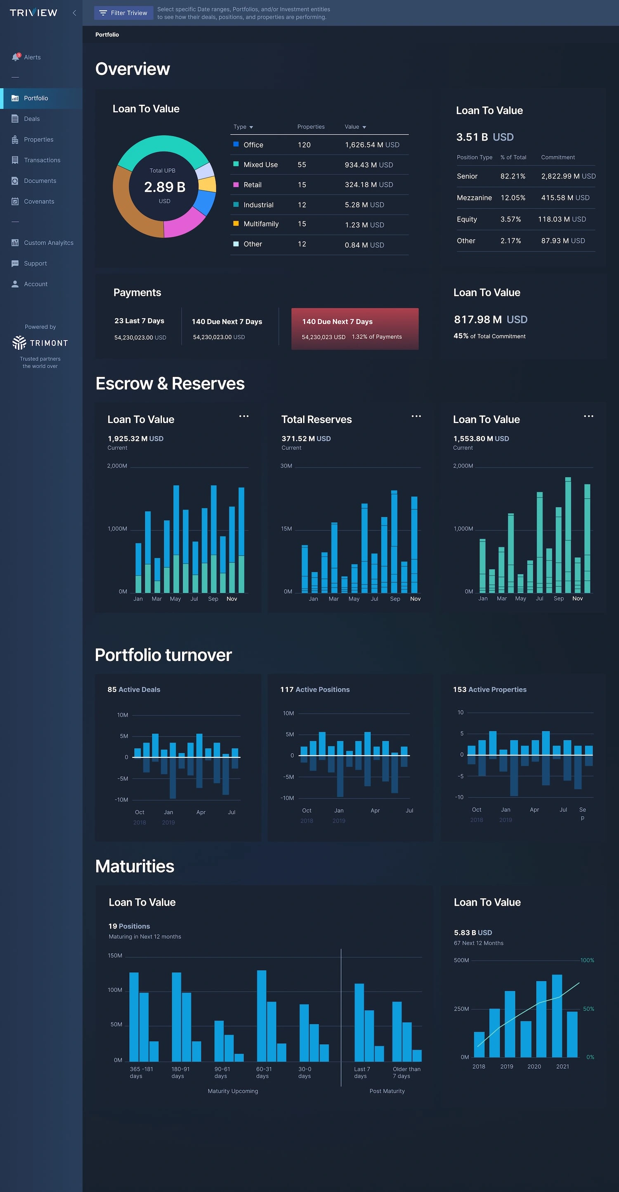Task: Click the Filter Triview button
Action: coord(123,13)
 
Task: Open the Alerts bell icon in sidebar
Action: coord(16,57)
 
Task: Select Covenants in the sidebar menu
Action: coord(39,201)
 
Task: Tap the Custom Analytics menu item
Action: coord(48,243)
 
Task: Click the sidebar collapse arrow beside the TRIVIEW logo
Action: coord(74,13)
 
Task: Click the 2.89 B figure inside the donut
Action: coord(165,187)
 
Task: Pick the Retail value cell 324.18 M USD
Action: coord(369,185)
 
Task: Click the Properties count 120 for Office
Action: coord(304,145)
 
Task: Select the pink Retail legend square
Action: coord(236,185)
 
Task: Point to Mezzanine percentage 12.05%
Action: coord(513,197)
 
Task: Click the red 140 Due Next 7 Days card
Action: coord(354,328)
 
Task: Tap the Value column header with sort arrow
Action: coord(355,127)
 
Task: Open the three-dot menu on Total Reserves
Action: coord(416,416)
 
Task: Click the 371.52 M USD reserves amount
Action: coord(305,438)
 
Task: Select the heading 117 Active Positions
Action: coord(315,689)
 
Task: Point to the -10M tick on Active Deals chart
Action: coord(121,799)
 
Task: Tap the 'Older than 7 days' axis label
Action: coord(406,1072)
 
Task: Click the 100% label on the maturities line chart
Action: coord(587,960)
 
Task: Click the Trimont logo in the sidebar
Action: coord(40,343)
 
